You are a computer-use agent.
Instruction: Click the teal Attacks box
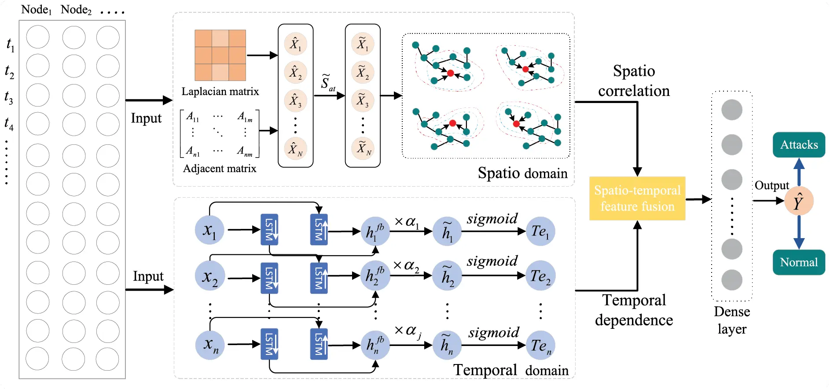coord(798,145)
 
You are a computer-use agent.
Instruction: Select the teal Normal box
coord(798,262)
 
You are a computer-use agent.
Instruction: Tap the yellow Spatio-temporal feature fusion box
coord(637,198)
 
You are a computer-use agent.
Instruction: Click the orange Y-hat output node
coord(798,201)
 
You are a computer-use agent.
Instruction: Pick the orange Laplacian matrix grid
coord(220,55)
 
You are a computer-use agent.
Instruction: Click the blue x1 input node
coord(209,230)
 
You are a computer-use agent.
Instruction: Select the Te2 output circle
coord(540,276)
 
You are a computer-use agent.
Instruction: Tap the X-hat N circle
coord(295,149)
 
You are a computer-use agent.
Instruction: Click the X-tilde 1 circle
coord(363,44)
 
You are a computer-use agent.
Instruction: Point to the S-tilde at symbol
coord(327,83)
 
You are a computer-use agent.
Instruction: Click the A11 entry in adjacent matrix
coord(192,117)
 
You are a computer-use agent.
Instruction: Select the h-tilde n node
coord(447,345)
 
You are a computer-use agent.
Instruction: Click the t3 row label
coord(9,97)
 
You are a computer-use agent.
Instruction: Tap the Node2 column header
coord(76,10)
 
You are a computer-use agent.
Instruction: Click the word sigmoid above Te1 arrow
coord(492,219)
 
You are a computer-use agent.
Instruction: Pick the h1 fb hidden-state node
coord(375,231)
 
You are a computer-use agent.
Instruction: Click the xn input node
coord(210,345)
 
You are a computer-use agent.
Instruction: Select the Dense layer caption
coord(731,320)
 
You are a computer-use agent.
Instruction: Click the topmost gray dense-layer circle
coord(731,110)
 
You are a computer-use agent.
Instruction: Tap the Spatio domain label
coord(522,173)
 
